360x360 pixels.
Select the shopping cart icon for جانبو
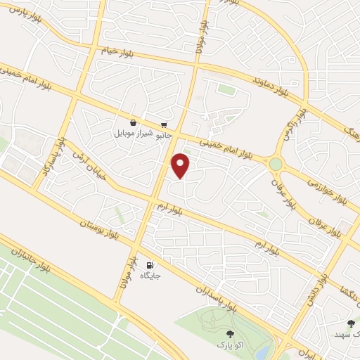164,121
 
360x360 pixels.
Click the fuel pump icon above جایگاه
150,266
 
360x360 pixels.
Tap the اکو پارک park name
229,345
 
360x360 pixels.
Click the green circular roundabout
276,164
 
